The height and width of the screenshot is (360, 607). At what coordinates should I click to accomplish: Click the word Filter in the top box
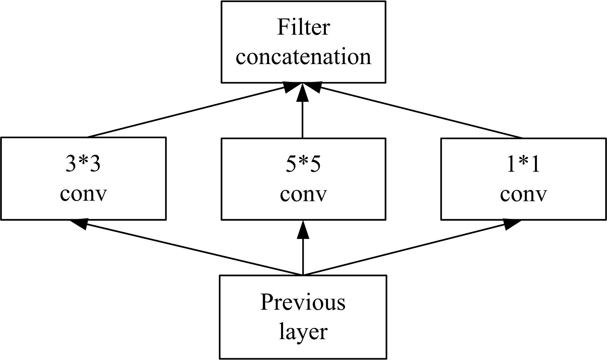(303, 27)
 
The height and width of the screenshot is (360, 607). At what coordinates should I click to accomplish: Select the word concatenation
(303, 57)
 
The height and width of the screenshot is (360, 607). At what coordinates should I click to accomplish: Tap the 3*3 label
(83, 164)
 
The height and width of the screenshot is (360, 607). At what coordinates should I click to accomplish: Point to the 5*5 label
(303, 164)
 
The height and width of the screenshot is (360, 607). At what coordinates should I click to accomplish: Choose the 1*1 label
(523, 164)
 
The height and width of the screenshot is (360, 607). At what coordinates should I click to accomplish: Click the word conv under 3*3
(83, 193)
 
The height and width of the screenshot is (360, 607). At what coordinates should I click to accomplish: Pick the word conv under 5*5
(303, 193)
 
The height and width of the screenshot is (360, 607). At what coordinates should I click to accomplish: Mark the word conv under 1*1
(523, 193)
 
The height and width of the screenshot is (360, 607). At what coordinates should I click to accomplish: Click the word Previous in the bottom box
(303, 302)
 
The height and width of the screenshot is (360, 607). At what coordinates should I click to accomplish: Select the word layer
(303, 332)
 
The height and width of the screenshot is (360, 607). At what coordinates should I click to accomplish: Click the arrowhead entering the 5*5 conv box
(303, 230)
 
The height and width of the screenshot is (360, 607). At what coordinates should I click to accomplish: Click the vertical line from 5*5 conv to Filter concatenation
(303, 121)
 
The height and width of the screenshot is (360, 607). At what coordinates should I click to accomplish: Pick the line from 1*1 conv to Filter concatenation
(422, 113)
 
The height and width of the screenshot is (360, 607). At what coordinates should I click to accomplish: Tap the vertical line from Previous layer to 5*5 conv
(303, 257)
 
